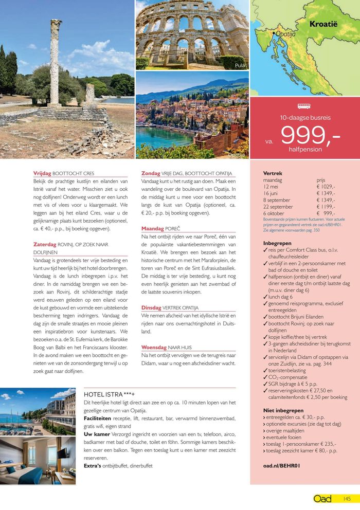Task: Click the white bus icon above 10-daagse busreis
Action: pos(304,107)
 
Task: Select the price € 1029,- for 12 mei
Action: pos(327,187)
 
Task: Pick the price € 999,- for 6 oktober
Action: pos(327,213)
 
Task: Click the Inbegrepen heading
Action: pos(277,243)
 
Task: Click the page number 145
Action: pos(347,499)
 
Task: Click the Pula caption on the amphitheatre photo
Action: pos(240,65)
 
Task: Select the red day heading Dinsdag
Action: pos(152,307)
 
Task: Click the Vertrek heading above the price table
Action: pos(273,174)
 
